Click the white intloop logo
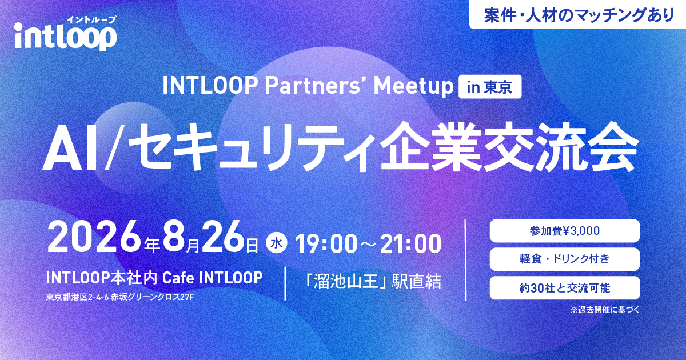tap(66, 37)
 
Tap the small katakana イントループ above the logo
tap(91, 20)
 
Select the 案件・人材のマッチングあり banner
tap(577, 15)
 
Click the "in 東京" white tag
tap(490, 87)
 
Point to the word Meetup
tap(413, 87)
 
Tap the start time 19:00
tap(327, 245)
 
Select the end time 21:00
tap(410, 245)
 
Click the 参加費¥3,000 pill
tap(565, 231)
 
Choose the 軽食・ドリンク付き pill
tap(565, 259)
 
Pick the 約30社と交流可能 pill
tap(565, 288)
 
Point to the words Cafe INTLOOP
tap(212, 278)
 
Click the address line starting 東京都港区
tap(119, 297)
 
